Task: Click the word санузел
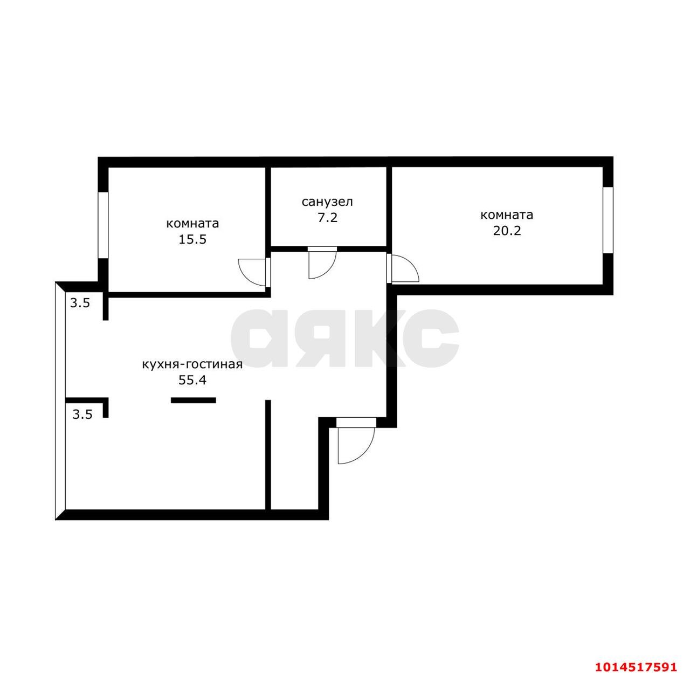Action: point(327,202)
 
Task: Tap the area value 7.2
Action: point(328,218)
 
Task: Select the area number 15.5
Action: point(192,239)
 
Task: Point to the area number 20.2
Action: point(507,231)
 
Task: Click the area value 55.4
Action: point(192,380)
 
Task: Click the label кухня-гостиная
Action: point(192,365)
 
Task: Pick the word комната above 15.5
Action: point(192,224)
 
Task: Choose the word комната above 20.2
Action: point(507,215)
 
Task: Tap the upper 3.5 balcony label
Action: point(80,303)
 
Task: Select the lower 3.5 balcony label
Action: point(82,415)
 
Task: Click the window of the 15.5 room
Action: point(103,225)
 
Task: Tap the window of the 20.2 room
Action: point(608,220)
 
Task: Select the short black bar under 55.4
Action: point(194,400)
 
